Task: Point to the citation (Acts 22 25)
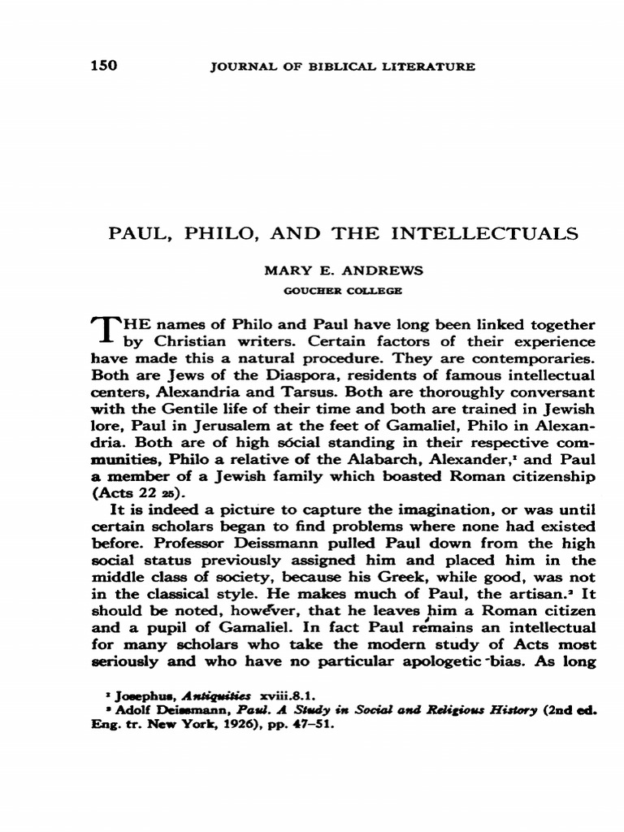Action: point(132,494)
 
